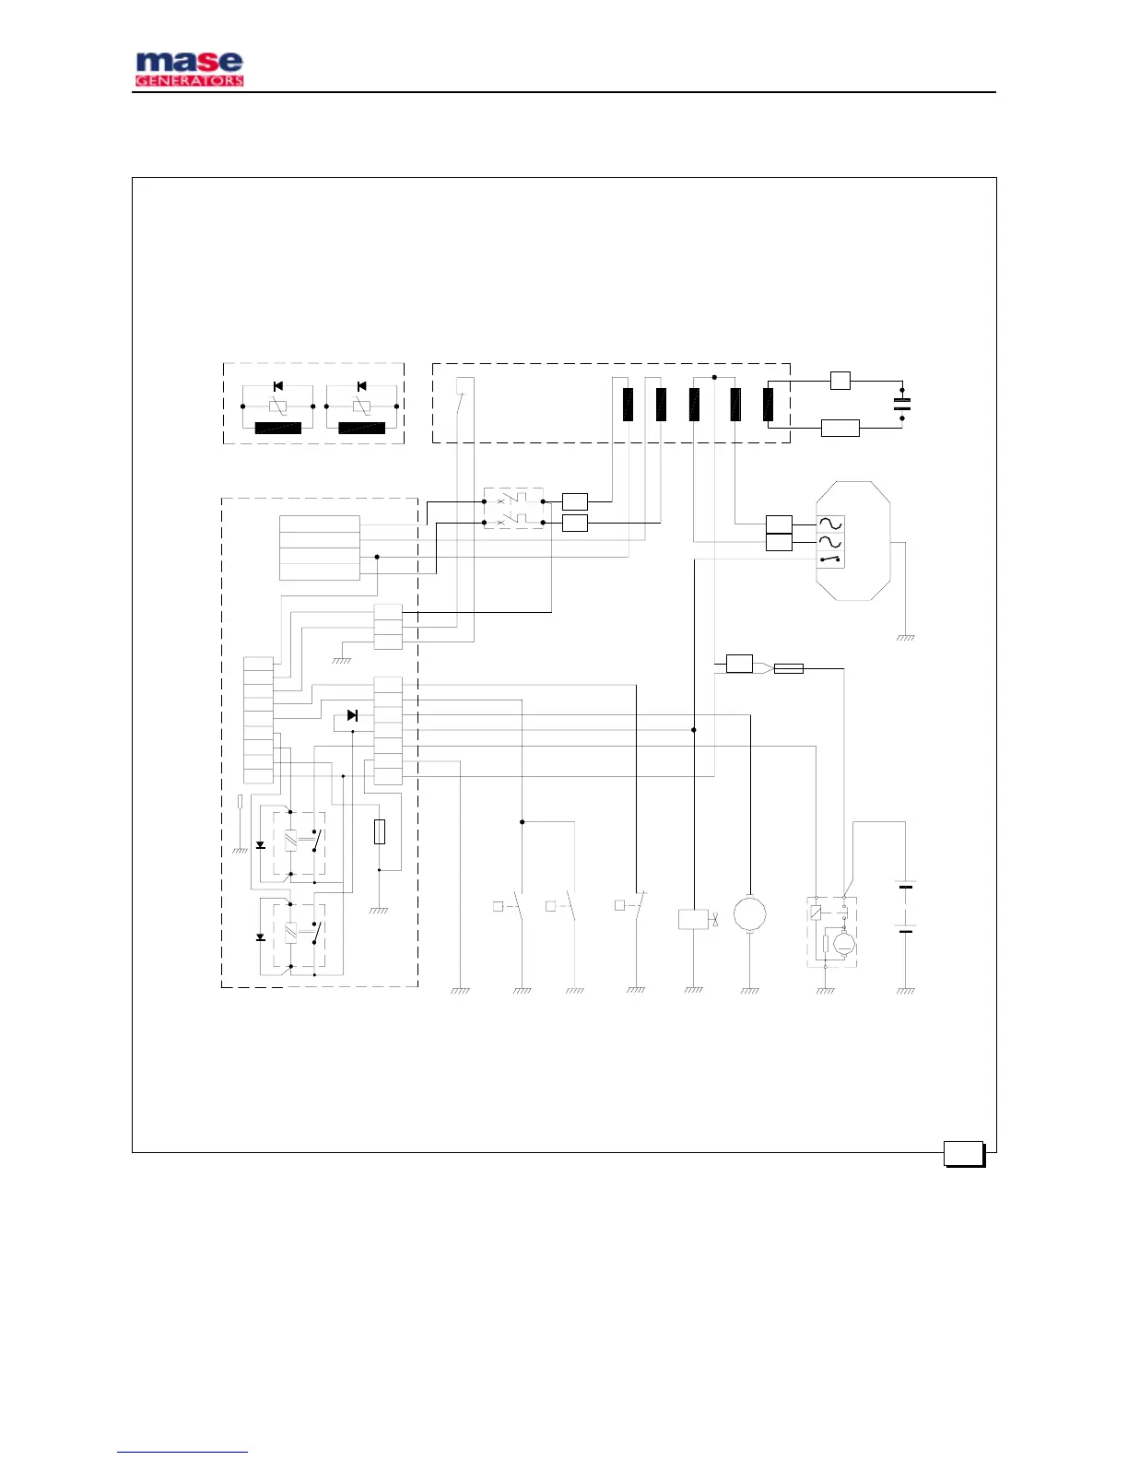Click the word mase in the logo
(189, 63)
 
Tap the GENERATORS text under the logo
(189, 81)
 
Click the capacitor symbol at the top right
(902, 403)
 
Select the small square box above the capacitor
(840, 380)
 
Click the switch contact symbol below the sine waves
(830, 559)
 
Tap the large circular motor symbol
(750, 913)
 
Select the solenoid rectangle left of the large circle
(693, 919)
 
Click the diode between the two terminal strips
(352, 715)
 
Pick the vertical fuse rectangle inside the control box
(380, 831)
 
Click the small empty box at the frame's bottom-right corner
(964, 1153)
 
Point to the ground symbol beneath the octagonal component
(906, 638)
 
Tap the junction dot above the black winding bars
(714, 377)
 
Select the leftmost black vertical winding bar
(628, 405)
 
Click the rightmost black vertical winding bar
(768, 405)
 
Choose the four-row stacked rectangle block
(319, 547)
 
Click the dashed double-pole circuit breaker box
(513, 509)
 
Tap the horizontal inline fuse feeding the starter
(788, 668)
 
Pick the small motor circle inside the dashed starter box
(843, 944)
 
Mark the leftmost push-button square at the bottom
(498, 906)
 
